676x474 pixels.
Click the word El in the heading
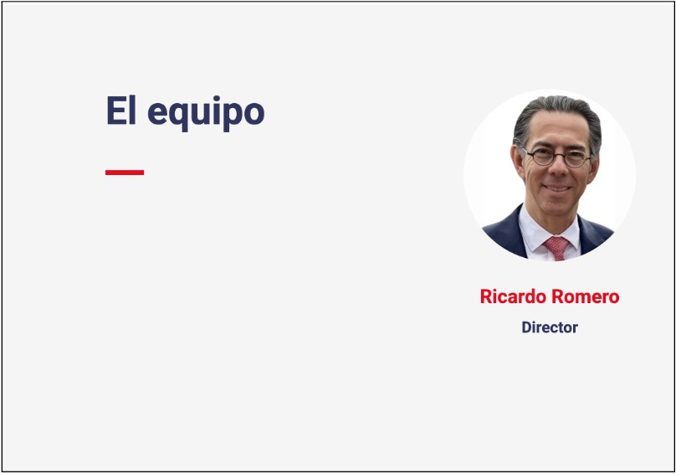121,110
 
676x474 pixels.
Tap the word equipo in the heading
206,114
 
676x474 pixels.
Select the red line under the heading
125,173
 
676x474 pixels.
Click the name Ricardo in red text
513,296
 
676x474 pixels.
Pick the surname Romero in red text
586,296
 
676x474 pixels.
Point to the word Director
550,327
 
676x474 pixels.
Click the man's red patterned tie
556,247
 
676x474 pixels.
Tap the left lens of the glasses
541,157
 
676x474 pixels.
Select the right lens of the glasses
576,159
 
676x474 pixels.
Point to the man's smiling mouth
557,188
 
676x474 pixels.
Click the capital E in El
115,111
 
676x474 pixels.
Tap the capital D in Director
527,327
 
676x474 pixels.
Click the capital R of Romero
558,296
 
